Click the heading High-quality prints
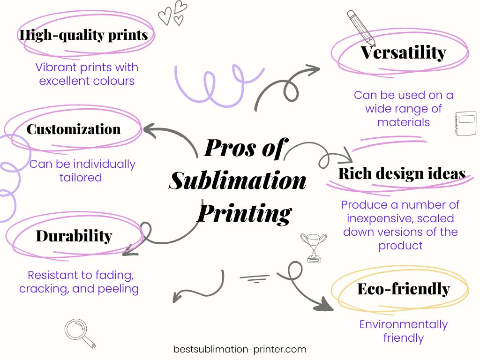[83, 35]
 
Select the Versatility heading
[403, 52]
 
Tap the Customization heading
[74, 129]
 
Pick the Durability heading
[74, 236]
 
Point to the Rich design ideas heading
[402, 173]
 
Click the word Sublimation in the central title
[238, 180]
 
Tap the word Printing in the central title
[244, 213]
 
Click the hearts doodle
[172, 13]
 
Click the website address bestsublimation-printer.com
[240, 349]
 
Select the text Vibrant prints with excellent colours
[87, 74]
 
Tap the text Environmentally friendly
[403, 330]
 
